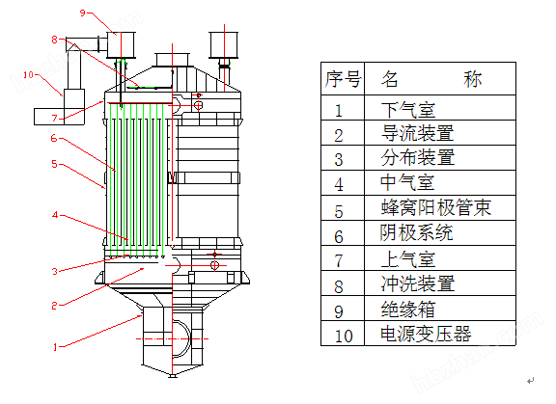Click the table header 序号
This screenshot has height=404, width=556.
(343, 79)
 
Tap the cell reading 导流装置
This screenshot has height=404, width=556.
(417, 134)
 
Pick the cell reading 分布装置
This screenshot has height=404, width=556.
(417, 158)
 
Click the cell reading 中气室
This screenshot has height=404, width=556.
(407, 182)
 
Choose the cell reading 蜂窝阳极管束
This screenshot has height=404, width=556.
(427, 207)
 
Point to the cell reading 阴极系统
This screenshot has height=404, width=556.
(417, 232)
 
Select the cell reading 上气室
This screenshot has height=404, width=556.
(407, 258)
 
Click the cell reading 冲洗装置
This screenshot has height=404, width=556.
(417, 283)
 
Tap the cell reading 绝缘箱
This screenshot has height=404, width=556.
(407, 309)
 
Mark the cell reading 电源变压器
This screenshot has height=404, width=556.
(426, 334)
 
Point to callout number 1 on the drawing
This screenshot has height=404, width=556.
(55, 345)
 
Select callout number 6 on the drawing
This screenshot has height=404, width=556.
(55, 139)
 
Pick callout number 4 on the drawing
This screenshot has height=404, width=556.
(55, 214)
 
